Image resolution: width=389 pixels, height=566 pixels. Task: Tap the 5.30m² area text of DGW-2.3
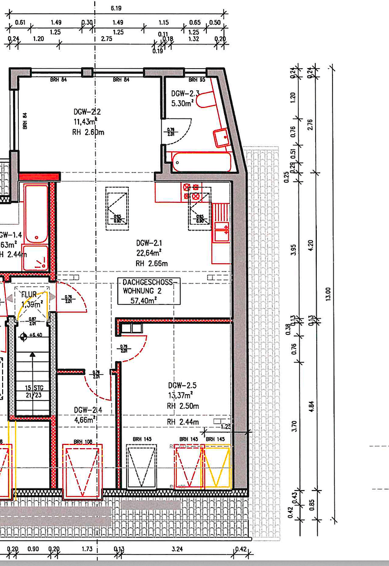point(183,103)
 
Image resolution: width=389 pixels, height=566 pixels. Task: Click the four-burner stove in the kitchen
point(190,192)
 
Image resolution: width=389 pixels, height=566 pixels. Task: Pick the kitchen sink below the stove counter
point(222,228)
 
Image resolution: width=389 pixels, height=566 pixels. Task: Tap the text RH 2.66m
point(151,263)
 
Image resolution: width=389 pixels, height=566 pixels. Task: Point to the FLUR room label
point(29,294)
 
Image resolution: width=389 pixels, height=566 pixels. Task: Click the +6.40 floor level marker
point(32,335)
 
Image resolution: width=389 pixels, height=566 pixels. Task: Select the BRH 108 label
point(83,442)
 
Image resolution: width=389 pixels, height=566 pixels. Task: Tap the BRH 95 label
point(196,80)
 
